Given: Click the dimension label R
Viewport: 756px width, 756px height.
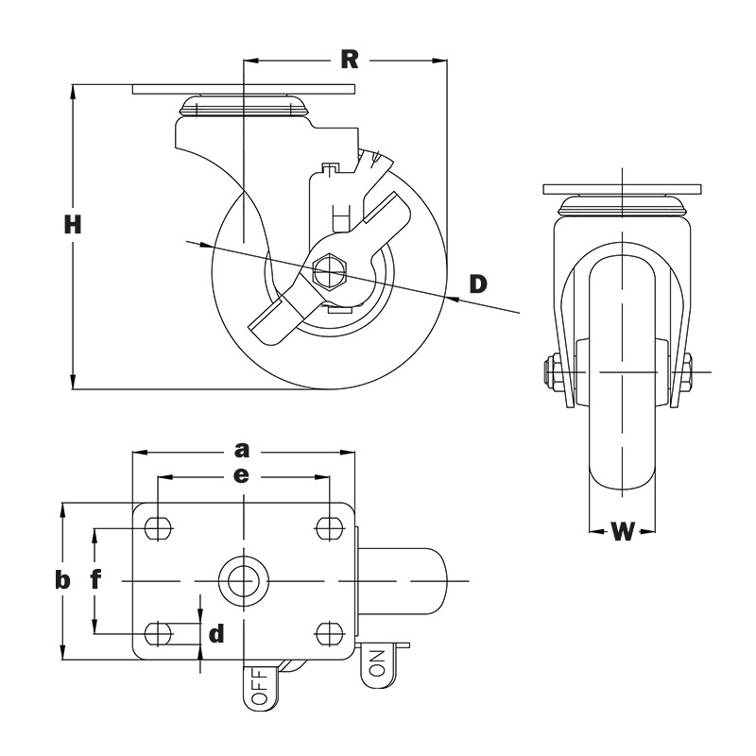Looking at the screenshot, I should point(350,60).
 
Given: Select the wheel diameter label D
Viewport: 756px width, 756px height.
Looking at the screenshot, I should point(479,283).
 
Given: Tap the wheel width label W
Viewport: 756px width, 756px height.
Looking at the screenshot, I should point(621,531).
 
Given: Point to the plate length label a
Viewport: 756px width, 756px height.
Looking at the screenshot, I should point(242,448).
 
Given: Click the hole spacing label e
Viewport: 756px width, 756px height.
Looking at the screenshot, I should point(242,476).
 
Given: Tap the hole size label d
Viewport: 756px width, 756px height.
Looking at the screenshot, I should point(216,633).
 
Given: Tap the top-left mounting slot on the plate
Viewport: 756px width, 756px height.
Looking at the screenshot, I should point(159,526).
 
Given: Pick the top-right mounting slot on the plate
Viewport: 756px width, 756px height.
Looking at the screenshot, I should point(329,526).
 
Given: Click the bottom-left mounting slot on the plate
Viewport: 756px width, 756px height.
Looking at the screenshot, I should point(159,631).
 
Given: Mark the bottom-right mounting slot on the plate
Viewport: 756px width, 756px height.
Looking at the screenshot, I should point(329,631).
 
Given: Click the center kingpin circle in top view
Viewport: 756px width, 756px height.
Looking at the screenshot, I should point(243,578).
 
